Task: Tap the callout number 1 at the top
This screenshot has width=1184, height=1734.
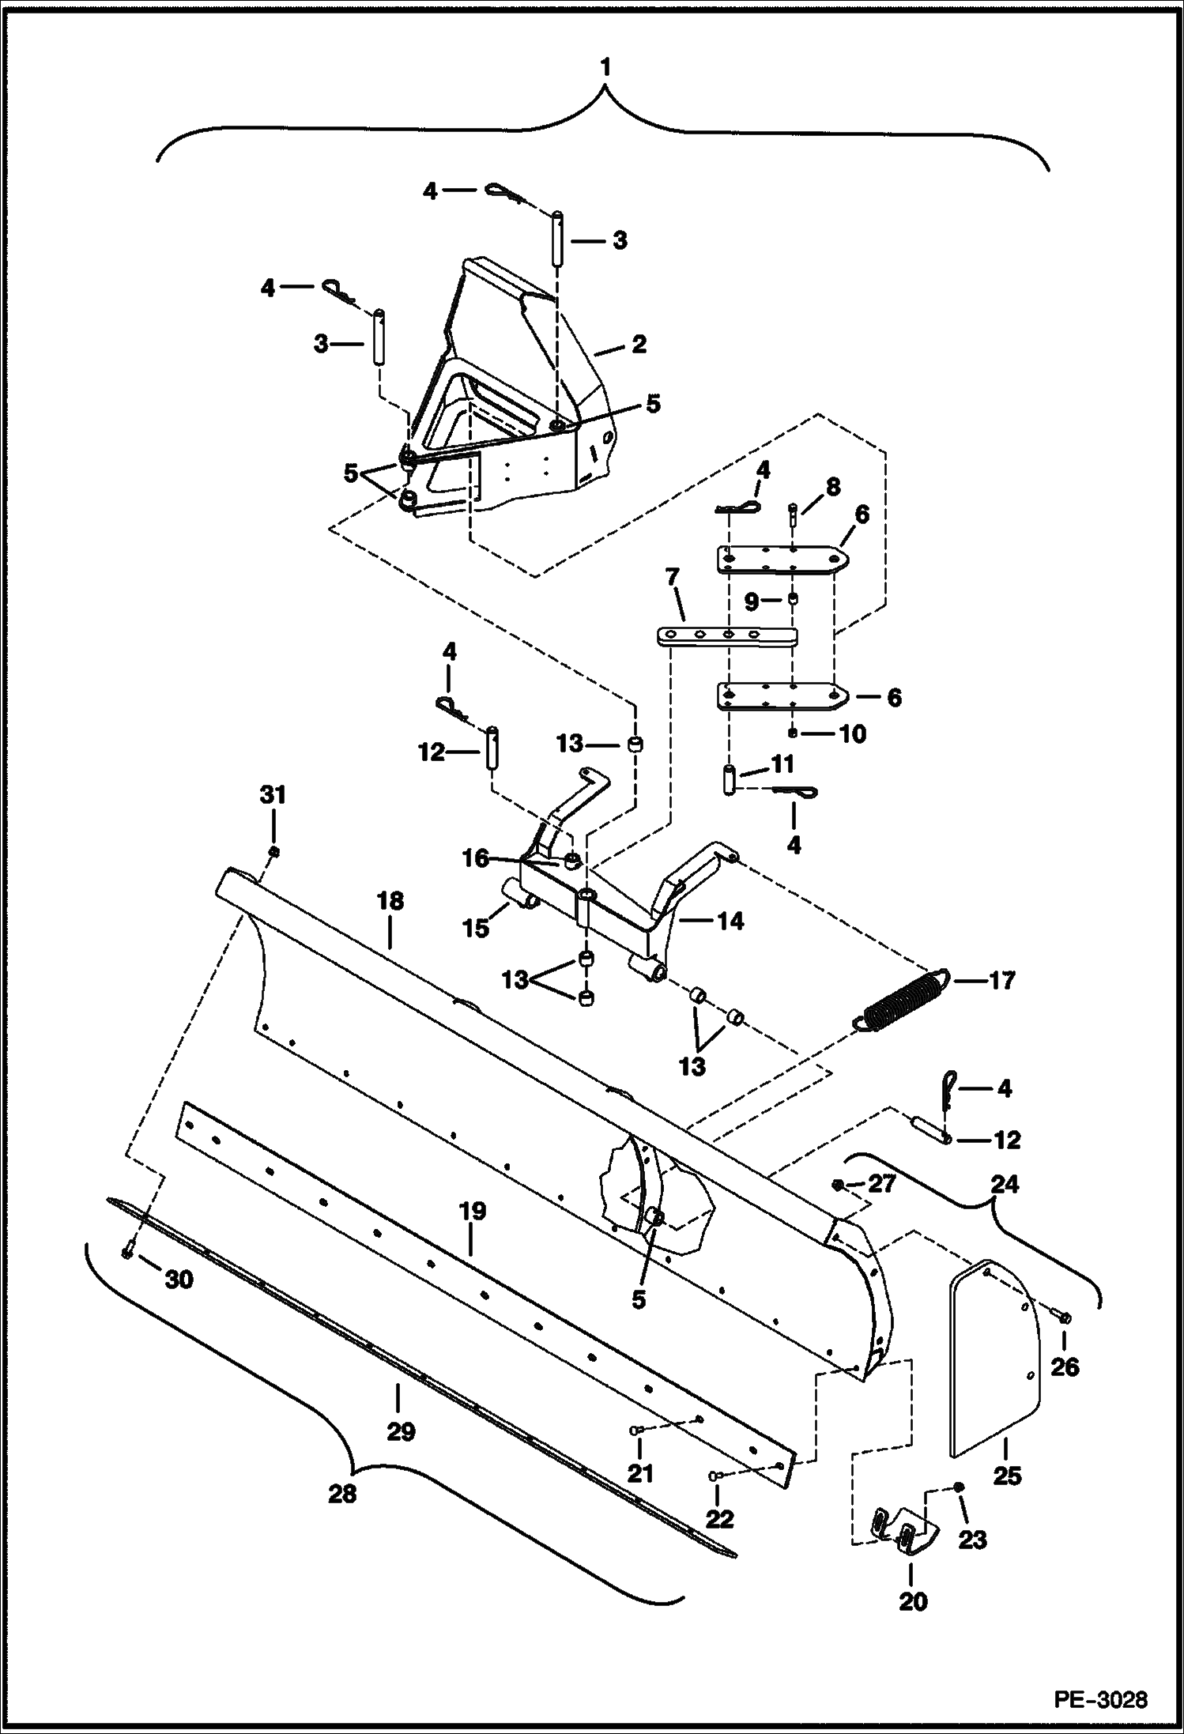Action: [x=605, y=68]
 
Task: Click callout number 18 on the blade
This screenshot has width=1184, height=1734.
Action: [x=390, y=901]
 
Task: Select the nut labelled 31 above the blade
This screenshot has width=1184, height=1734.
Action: [x=273, y=851]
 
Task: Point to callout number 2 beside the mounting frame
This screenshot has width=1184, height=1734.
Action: [x=638, y=344]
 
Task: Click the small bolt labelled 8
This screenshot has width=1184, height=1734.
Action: [x=792, y=514]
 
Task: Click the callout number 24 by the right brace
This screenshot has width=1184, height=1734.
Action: [x=1005, y=1184]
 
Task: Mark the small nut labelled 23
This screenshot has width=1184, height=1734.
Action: [x=958, y=1487]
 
